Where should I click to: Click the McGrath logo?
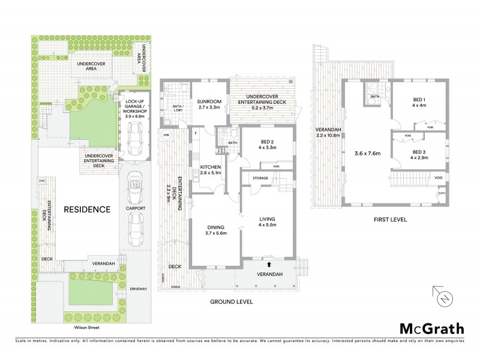click(x=431, y=328)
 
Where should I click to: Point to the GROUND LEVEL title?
click(x=232, y=301)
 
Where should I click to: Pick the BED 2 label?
click(x=265, y=142)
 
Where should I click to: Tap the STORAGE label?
click(x=260, y=178)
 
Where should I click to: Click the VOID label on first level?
click(x=439, y=178)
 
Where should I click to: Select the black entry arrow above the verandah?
click(x=269, y=263)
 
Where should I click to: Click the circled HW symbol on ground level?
click(x=166, y=136)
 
